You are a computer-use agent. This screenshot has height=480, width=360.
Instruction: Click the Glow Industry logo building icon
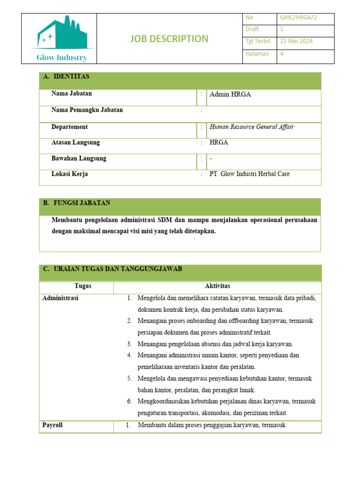62,33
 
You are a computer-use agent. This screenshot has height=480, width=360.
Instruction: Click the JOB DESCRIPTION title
169,39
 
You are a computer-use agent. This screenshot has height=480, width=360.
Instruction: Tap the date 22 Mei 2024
296,41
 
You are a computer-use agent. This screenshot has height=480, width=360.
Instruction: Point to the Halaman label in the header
257,53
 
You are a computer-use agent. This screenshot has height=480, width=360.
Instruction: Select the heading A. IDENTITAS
66,76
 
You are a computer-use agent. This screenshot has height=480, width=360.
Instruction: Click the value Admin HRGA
230,94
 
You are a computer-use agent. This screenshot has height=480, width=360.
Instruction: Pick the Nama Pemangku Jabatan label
87,110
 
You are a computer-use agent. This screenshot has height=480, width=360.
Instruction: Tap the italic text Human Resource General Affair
252,127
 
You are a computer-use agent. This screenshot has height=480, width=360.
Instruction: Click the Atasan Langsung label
75,142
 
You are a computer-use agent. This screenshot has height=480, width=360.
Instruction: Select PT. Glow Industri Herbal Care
249,174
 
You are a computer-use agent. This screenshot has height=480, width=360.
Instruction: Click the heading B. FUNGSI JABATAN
77,203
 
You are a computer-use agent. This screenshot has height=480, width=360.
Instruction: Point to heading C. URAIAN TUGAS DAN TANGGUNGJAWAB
112,269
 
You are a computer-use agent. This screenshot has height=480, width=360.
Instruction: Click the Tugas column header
83,286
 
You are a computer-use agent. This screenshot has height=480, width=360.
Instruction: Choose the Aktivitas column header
217,286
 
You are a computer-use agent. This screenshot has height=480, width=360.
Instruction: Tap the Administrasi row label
60,298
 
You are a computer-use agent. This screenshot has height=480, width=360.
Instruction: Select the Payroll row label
52,426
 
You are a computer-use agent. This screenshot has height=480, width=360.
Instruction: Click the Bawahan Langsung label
79,158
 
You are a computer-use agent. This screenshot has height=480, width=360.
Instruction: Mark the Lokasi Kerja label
69,174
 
